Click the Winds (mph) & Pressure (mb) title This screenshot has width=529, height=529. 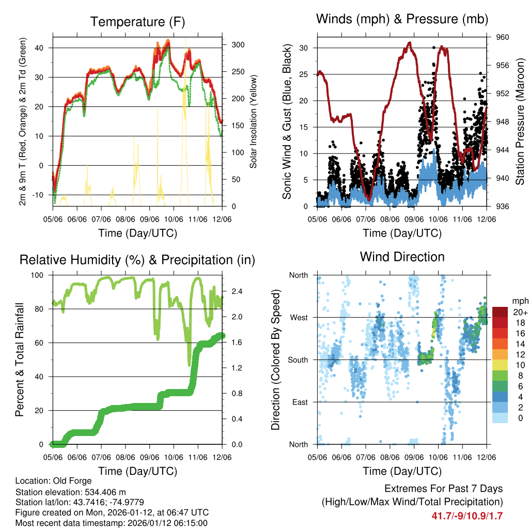[402, 19]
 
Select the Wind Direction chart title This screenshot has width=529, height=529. [402, 256]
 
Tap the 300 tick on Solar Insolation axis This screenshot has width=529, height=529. [238, 45]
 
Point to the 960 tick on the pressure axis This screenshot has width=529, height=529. [503, 37]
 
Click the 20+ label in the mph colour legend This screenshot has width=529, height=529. [520, 313]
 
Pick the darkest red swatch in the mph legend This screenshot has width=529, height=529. [500, 312]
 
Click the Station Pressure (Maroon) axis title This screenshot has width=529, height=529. [520, 122]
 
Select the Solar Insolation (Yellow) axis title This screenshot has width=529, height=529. [253, 122]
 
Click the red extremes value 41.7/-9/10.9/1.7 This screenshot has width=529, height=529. [467, 516]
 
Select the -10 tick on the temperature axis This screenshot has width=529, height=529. [41, 195]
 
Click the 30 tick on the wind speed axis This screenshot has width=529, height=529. [305, 48]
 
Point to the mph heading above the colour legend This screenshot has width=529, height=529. [519, 301]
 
